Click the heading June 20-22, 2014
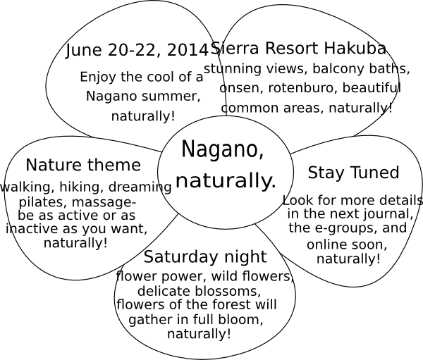(x=137, y=51)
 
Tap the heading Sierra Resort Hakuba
(x=298, y=48)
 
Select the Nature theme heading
(x=83, y=165)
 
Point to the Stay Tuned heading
(x=353, y=173)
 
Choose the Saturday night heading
(x=205, y=257)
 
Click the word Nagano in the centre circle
(x=223, y=150)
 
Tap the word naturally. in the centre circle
(x=226, y=180)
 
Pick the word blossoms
(x=228, y=291)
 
